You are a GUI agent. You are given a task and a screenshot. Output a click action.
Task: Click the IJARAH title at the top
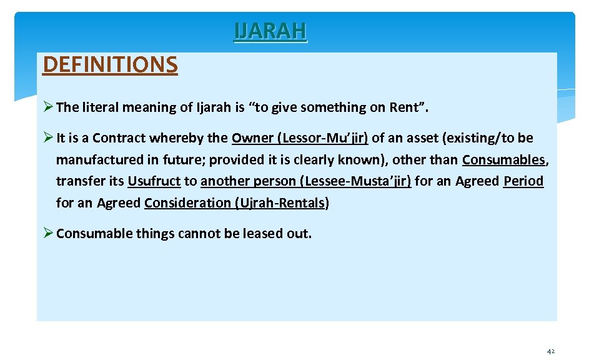click(x=270, y=31)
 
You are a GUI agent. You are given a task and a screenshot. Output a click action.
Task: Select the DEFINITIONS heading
click(x=110, y=64)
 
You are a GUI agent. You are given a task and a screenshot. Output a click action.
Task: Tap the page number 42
click(x=550, y=352)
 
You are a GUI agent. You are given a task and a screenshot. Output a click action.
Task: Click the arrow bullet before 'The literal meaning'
click(x=48, y=107)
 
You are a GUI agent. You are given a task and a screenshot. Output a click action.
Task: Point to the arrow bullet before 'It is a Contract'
click(x=48, y=138)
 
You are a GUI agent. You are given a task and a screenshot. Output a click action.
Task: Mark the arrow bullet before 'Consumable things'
click(x=48, y=234)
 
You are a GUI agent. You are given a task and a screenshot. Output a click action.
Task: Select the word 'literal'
click(x=103, y=107)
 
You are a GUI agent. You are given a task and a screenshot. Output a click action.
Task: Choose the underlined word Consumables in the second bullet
click(x=503, y=160)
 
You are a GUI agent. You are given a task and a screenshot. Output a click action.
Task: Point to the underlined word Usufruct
click(x=154, y=181)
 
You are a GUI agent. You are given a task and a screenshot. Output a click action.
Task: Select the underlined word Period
click(x=523, y=181)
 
